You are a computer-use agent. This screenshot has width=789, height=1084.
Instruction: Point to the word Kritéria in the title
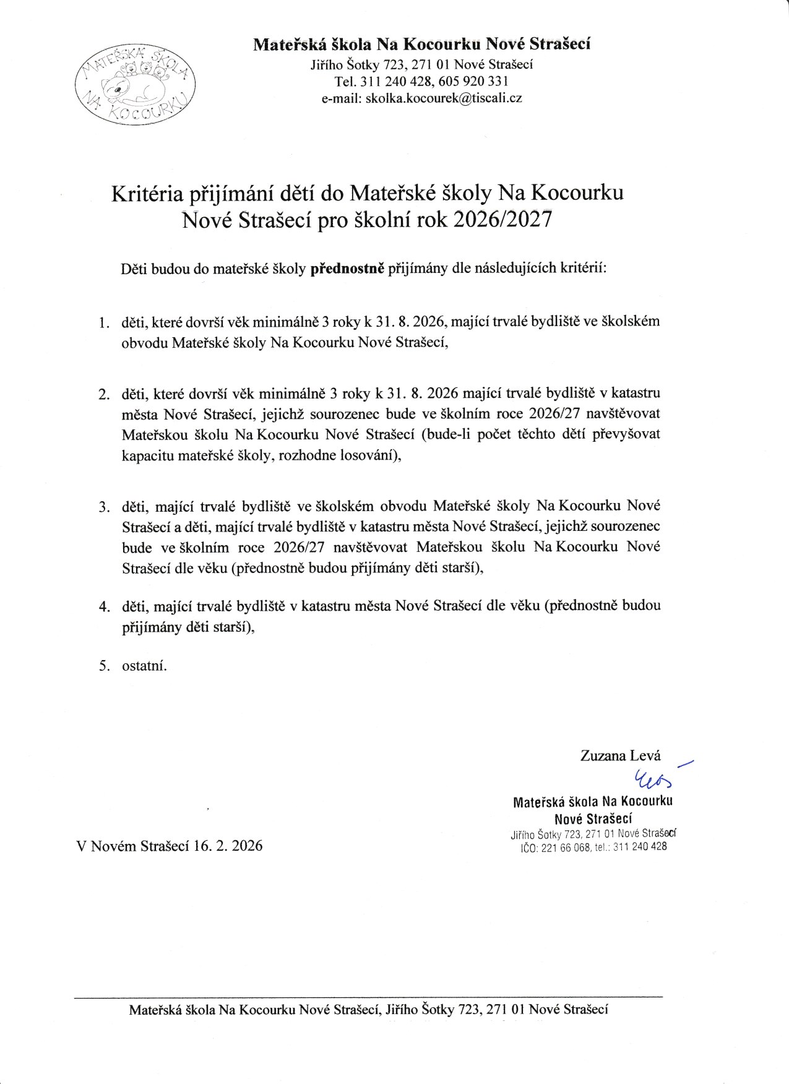[x=146, y=194]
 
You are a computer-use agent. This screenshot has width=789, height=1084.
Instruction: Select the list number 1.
[x=103, y=323]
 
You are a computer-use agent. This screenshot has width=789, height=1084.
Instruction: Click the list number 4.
[x=103, y=606]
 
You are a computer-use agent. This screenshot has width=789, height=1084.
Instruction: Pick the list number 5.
[x=103, y=666]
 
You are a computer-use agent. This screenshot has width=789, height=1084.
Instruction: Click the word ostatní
[x=144, y=666]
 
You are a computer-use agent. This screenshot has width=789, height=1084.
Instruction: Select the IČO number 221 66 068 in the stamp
[x=566, y=848]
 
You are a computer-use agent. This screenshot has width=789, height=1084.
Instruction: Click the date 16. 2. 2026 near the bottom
[x=228, y=846]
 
